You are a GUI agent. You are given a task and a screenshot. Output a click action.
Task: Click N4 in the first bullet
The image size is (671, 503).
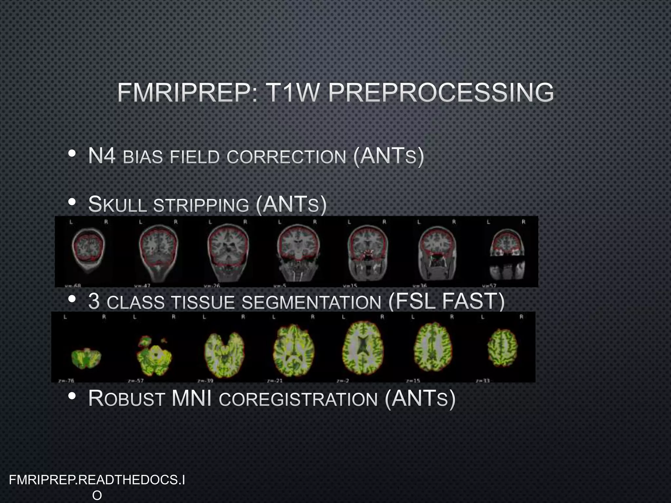(102, 156)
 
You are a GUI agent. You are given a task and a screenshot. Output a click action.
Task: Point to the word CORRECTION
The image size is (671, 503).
(286, 157)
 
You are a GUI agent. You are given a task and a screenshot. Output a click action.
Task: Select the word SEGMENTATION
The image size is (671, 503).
(311, 302)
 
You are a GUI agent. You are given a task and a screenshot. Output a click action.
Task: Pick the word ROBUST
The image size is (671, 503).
(126, 399)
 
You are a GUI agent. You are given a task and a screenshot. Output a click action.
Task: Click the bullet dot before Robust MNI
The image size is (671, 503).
(72, 397)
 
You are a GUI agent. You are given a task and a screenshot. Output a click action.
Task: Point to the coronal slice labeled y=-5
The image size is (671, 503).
(298, 252)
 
